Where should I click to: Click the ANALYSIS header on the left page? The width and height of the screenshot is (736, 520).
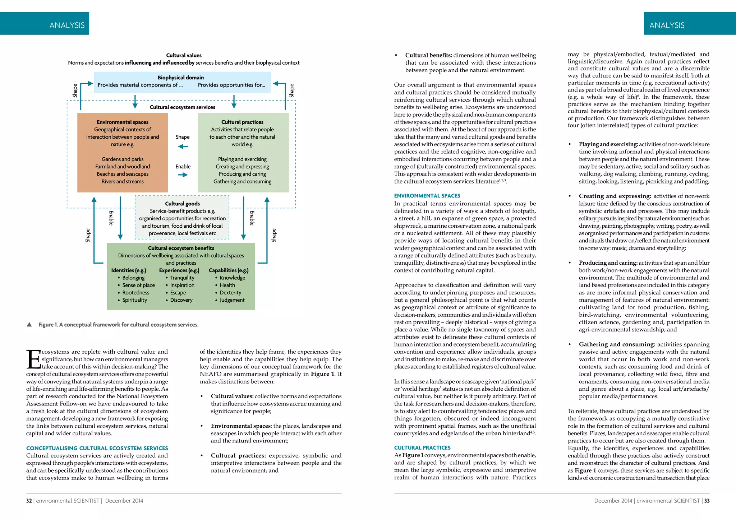pos(67,25)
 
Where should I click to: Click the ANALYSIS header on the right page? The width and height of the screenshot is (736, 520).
pos(667,25)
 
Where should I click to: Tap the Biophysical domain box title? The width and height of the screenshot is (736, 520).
pos(180,78)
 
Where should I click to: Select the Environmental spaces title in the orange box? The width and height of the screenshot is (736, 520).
pos(123,122)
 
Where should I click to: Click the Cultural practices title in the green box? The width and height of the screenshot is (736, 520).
pos(242,122)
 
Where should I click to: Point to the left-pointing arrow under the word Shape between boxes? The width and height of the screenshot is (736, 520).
pos(183,147)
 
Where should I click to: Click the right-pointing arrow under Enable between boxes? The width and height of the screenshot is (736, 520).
pos(183,175)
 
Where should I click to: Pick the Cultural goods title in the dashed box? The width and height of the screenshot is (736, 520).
pos(182,204)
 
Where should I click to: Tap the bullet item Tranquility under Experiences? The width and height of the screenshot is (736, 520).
pos(182,278)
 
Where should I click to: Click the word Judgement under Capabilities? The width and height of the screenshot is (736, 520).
pos(232,300)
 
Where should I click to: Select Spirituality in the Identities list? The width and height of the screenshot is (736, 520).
pos(134,300)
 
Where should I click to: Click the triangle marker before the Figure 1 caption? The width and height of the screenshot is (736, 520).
pos(29,325)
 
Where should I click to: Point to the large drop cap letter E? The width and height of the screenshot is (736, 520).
pos(34,359)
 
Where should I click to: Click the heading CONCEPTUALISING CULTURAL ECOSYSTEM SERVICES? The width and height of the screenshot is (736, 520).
pos(97,448)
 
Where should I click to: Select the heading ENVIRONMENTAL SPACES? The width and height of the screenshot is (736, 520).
pos(427,196)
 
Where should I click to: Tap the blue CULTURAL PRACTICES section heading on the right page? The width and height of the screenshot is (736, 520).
pos(422,447)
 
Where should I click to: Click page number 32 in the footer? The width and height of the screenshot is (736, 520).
pos(29,501)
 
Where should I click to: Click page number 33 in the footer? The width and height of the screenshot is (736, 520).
pos(707,501)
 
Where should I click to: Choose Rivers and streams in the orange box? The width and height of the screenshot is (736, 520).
pos(123,181)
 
